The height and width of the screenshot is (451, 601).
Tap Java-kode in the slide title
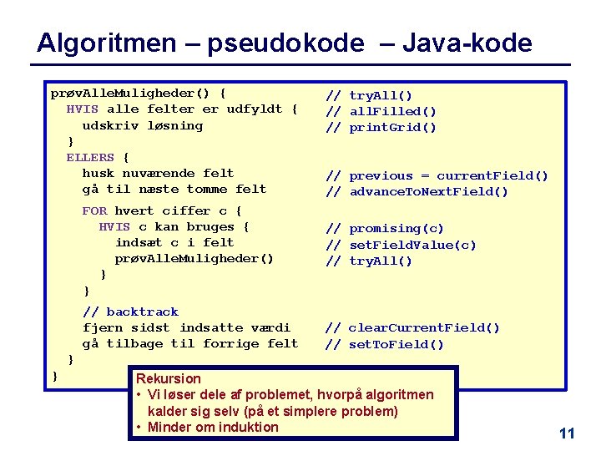tap(467, 43)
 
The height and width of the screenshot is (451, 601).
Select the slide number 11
tap(567, 433)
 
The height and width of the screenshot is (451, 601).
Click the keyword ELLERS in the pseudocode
tap(90, 157)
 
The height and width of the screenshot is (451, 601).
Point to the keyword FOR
tap(94, 210)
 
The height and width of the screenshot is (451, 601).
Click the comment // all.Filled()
tap(381, 112)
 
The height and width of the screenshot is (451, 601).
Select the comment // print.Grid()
tap(381, 128)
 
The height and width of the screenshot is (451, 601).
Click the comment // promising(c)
tap(385, 229)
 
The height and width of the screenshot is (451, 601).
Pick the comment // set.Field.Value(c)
tap(401, 245)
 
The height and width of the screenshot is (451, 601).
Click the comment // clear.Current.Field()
tap(412, 328)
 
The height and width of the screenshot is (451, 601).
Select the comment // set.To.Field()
tap(385, 344)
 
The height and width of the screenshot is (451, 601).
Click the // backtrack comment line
tap(130, 312)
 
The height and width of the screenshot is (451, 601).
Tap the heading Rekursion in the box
tap(169, 378)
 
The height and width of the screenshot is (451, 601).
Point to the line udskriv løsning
tap(142, 125)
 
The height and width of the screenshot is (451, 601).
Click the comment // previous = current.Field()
tap(437, 176)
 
